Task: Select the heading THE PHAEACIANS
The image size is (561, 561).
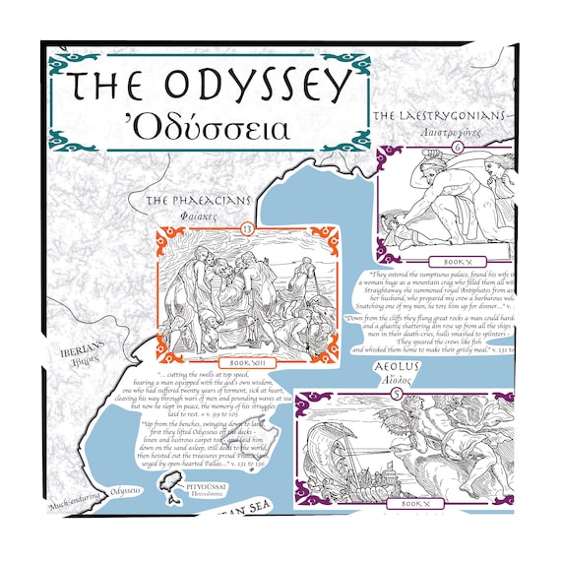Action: click(198, 201)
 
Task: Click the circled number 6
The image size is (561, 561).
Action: click(457, 148)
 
